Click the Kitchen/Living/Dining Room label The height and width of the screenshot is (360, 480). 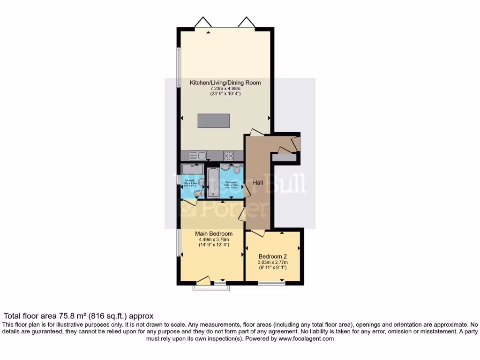(225, 82)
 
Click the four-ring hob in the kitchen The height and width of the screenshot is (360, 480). (229, 156)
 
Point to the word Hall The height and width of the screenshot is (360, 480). (258, 182)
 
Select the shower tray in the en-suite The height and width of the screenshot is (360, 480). (192, 169)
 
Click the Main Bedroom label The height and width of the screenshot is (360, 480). (214, 233)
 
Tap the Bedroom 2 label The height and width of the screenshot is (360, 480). (272, 256)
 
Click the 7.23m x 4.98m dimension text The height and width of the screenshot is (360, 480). (225, 89)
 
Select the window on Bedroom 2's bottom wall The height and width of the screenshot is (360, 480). (271, 283)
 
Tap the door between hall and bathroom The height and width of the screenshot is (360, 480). (246, 190)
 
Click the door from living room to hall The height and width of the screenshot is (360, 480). (256, 133)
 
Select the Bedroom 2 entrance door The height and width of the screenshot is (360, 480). (258, 233)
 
